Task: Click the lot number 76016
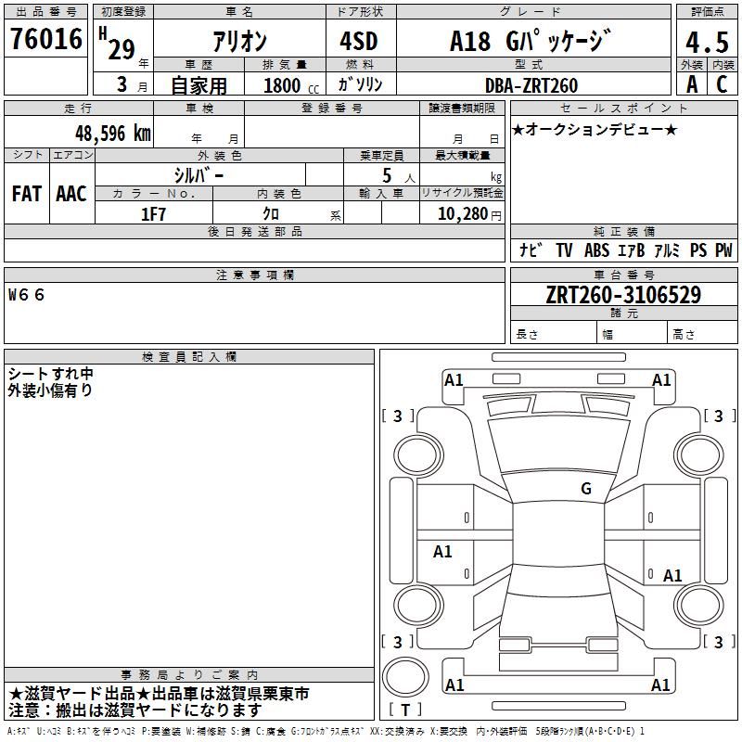point(46,38)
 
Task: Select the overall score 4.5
point(707,42)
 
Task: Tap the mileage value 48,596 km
point(113,134)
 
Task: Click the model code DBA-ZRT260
point(531,85)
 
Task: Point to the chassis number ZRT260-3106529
point(623,295)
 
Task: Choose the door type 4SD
point(359,41)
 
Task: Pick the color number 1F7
point(153,214)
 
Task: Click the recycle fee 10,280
point(462,214)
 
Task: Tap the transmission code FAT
point(27,194)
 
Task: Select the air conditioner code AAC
point(71,194)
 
